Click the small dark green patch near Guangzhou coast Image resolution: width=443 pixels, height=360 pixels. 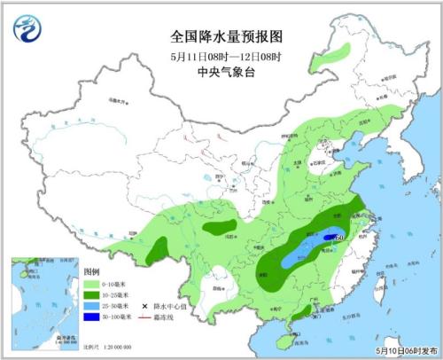click(x=302, y=310)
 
